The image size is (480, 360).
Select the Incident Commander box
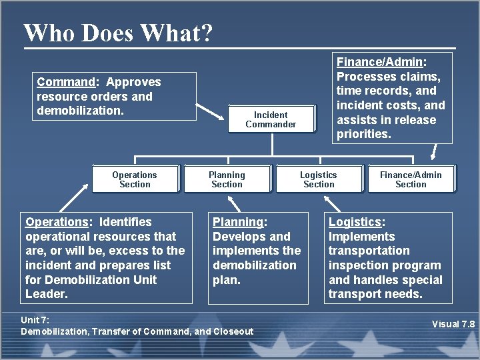pyautogui.click(x=271, y=119)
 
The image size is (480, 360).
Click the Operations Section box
pyautogui.click(x=135, y=179)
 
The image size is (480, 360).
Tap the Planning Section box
pyautogui.click(x=227, y=179)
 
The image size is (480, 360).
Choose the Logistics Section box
pyautogui.click(x=319, y=179)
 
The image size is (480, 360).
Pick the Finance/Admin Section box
pyautogui.click(x=411, y=179)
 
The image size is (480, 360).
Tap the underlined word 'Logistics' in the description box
pyautogui.click(x=355, y=222)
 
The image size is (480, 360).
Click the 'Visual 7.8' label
pyautogui.click(x=453, y=324)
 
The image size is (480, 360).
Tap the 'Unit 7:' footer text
pyautogui.click(x=35, y=320)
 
